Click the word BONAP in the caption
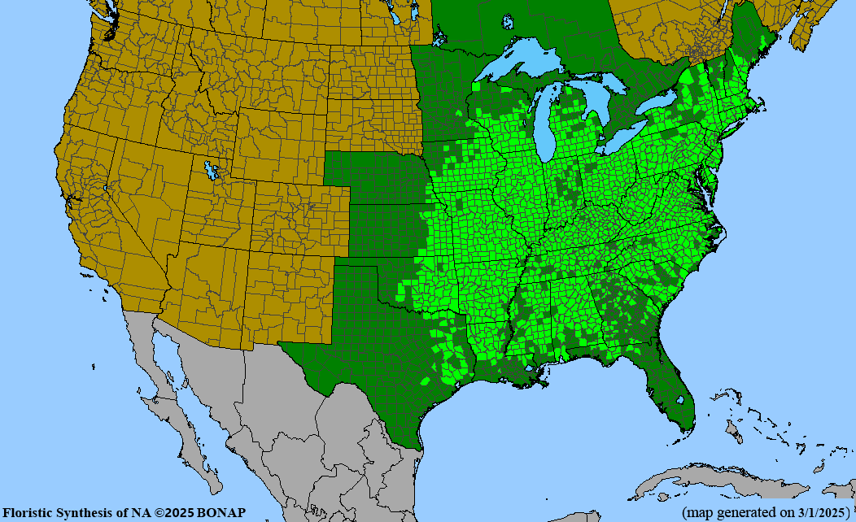point(221,513)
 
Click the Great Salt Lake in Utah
point(213,172)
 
